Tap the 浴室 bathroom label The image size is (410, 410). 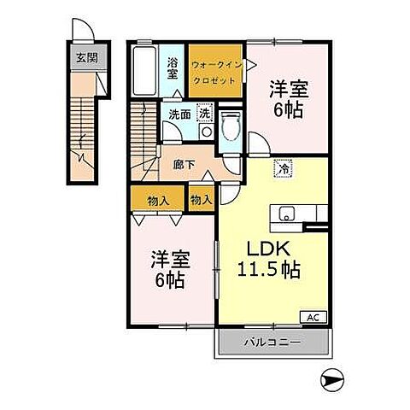pyautogui.click(x=173, y=67)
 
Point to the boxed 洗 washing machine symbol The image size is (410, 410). pyautogui.click(x=205, y=113)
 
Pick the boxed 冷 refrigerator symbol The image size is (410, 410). pyautogui.click(x=282, y=169)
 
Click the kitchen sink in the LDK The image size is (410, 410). pyautogui.click(x=284, y=214)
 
